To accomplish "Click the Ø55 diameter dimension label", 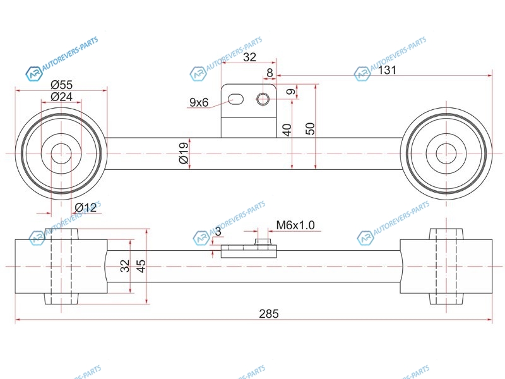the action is [61, 85].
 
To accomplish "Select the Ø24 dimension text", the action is [61, 97].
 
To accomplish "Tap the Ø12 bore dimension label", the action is [85, 207].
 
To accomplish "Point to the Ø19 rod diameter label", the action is [184, 153].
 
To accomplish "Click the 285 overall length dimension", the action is [269, 313].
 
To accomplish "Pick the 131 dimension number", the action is [386, 70].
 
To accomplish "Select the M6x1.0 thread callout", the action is [295, 225].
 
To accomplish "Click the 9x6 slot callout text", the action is [199, 102].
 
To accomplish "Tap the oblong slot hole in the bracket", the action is [235, 99].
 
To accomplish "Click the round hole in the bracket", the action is [263, 99].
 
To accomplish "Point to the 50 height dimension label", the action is [310, 129].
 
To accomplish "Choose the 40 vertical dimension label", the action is [287, 129].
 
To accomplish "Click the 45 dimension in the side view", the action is [141, 266].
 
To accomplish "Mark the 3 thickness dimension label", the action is [218, 231].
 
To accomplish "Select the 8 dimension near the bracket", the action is [270, 73].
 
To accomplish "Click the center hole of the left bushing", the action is [61, 153].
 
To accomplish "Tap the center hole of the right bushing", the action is [446, 153].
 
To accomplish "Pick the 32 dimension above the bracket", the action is [249, 57].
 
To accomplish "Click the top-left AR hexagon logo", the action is [34, 74].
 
